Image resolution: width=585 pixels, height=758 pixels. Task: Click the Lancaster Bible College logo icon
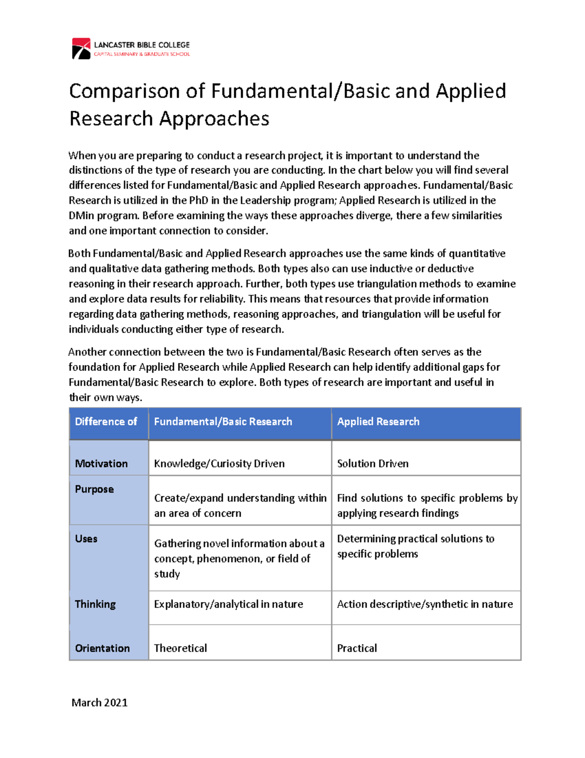pos(81,49)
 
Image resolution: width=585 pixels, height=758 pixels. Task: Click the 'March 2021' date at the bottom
pos(99,702)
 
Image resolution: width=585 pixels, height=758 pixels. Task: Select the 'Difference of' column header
pos(106,422)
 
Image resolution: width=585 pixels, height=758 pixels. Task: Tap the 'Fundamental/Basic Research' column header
pos(223,422)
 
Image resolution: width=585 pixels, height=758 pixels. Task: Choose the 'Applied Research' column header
pos(378,422)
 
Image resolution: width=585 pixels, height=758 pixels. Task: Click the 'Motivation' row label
pos(101,464)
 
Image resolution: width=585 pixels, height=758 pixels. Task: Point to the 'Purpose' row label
pos(94,489)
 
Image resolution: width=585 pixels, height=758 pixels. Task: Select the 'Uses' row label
pos(86,539)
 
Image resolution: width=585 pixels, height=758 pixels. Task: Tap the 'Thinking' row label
pos(95,604)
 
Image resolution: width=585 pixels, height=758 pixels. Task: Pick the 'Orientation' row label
pos(102,648)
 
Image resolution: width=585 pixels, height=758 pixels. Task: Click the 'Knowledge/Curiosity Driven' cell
pos(219,464)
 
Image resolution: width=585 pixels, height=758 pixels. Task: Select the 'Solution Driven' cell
pos(373,464)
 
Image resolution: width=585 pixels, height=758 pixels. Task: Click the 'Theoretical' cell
pos(180,648)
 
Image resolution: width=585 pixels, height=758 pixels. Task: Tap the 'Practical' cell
pos(357,648)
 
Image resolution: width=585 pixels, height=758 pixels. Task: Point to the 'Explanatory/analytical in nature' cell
pos(228,604)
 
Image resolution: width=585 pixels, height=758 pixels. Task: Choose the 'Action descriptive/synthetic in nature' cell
pos(425,604)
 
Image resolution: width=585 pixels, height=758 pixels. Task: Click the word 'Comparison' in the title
pos(124,91)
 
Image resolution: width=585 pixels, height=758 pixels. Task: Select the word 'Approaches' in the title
pos(214,119)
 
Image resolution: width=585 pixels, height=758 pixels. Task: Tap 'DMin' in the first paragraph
pos(81,216)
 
